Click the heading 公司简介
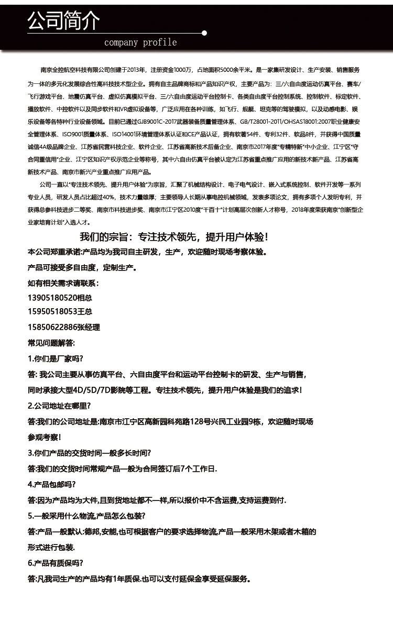(63, 21)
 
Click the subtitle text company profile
(140, 42)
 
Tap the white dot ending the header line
(204, 33)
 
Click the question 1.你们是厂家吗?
(55, 359)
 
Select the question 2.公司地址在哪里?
(59, 406)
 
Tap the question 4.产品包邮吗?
(51, 484)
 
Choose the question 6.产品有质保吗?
(55, 563)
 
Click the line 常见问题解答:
(51, 343)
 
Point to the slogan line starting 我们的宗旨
(173, 237)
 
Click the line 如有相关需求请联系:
(62, 283)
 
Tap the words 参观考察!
(44, 437)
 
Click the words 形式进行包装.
(51, 548)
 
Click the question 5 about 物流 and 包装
(86, 516)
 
